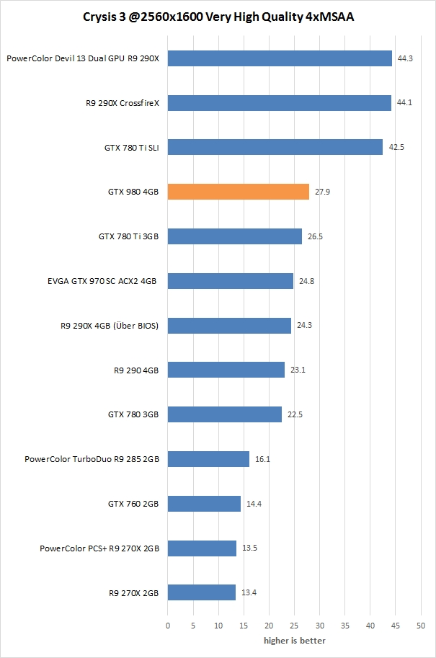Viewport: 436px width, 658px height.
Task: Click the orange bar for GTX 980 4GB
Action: tap(238, 192)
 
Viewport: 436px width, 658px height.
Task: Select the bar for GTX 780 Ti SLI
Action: tap(275, 147)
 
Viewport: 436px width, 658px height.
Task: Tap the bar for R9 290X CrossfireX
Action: tap(279, 103)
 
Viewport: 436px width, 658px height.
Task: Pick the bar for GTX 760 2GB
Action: tap(204, 504)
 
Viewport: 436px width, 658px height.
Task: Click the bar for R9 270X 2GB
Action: tap(202, 592)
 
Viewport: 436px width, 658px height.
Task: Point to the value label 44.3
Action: tap(405, 58)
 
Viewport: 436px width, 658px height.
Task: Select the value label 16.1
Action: tap(262, 459)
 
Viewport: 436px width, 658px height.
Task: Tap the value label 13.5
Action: tap(249, 548)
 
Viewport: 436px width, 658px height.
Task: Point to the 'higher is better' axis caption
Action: tap(294, 640)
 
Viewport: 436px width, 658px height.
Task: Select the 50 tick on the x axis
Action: tap(420, 626)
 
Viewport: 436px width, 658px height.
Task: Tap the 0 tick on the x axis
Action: tap(168, 626)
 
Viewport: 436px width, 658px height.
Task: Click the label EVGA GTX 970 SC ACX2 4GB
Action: tap(102, 281)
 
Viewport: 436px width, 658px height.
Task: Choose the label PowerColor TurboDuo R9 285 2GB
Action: tap(92, 459)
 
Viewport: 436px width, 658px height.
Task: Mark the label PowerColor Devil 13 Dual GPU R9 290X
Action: tap(82, 58)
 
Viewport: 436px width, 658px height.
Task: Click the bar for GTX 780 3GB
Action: tap(224, 414)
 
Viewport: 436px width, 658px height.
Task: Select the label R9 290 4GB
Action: tap(136, 370)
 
